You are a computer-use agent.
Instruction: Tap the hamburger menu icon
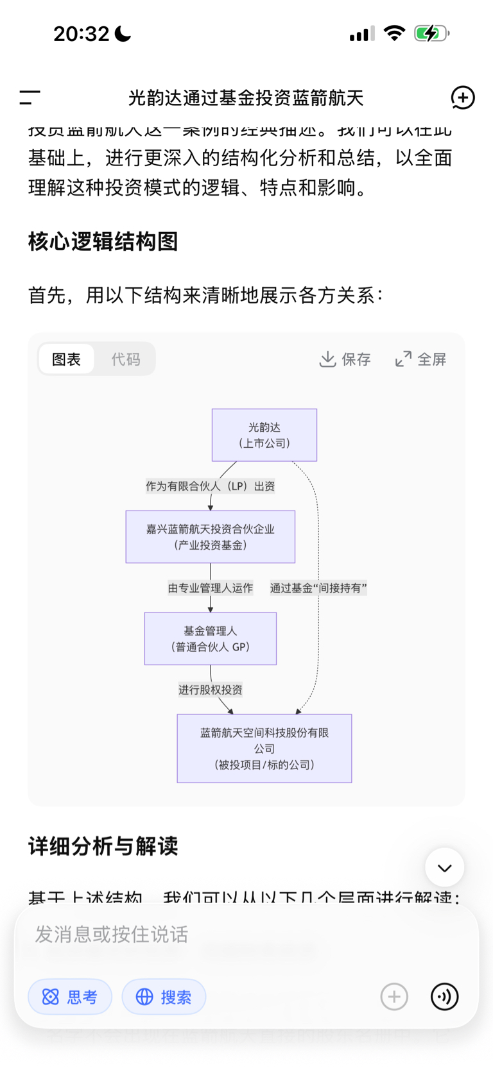coord(30,97)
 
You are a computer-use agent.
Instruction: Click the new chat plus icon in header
coord(462,97)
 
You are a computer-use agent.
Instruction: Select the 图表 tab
coord(66,359)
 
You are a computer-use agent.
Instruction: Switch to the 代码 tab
coord(125,359)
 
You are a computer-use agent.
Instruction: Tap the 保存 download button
coord(345,359)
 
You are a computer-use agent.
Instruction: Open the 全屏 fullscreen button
coord(420,359)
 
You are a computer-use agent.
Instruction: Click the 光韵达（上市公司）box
coord(264,435)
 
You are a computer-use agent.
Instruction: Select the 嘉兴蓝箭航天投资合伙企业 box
coord(210,537)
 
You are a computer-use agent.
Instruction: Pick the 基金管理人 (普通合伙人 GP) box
coord(210,639)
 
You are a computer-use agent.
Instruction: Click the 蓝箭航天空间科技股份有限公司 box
coord(264,749)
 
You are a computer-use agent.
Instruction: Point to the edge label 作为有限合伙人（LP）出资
coord(210,486)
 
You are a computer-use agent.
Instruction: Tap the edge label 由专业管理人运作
coord(210,588)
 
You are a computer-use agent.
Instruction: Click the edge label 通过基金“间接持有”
coord(318,588)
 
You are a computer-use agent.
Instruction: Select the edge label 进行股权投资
coord(210,690)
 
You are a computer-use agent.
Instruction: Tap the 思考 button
coord(70,997)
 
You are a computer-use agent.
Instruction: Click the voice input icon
coord(444,997)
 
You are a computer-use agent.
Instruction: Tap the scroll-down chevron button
coord(444,867)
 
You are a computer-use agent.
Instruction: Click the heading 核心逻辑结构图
coord(103,242)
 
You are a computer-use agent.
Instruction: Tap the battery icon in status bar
coord(431,33)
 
